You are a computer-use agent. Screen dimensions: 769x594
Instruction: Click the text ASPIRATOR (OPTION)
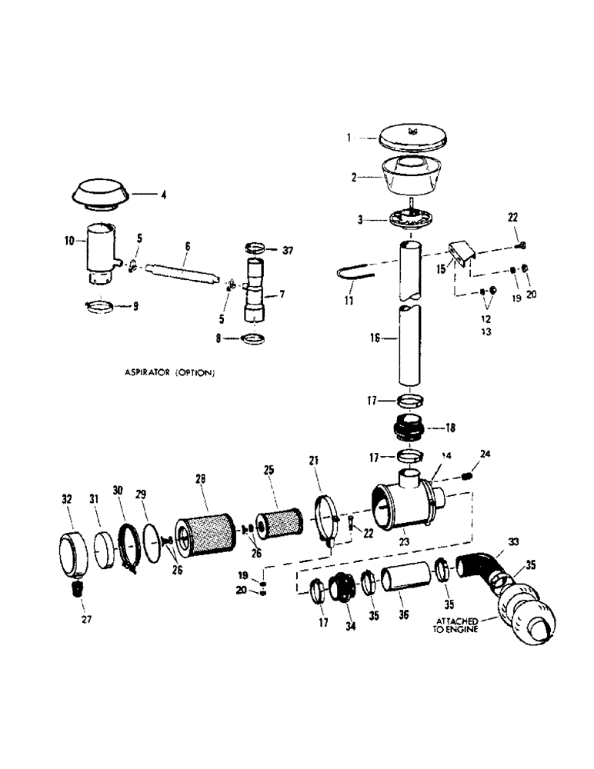tap(169, 373)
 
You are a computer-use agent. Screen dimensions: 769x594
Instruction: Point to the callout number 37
tap(288, 250)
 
